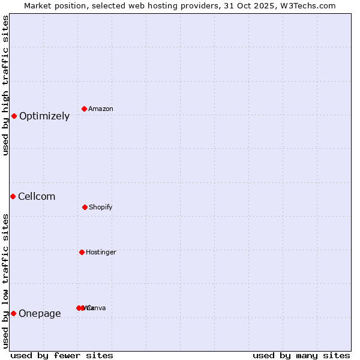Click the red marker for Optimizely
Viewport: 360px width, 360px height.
coord(14,116)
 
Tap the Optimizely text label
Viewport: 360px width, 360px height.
coord(44,116)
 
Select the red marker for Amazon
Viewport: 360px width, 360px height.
coord(85,109)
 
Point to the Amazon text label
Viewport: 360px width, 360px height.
coord(101,109)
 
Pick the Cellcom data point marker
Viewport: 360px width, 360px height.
coord(13,196)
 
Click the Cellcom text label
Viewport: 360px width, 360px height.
coord(37,197)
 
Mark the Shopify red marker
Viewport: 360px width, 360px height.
coord(85,207)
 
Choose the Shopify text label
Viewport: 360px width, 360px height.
coord(101,208)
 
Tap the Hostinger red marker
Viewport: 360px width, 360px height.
coord(82,252)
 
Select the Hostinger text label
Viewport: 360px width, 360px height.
coord(101,253)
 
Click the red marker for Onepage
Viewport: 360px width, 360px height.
coord(13,313)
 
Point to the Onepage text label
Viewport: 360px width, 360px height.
coord(40,314)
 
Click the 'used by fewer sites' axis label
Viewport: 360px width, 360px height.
coord(62,356)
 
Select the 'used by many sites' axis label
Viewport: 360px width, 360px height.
coord(301,356)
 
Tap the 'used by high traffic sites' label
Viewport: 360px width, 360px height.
coord(5,85)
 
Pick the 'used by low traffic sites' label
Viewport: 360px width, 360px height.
coord(5,281)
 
